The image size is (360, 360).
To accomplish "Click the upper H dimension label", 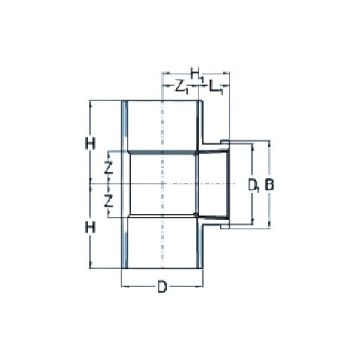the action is (90, 144).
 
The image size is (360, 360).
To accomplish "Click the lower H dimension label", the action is (90, 227).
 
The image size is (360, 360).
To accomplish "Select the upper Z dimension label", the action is (109, 168).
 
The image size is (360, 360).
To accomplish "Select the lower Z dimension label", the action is (109, 202).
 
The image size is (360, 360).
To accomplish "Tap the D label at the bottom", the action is (162, 286).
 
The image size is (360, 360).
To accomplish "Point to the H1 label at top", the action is (197, 73).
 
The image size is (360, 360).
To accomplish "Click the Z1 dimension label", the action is (181, 86).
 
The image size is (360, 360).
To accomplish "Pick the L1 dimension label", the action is (216, 86).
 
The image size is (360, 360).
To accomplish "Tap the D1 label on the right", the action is (253, 185).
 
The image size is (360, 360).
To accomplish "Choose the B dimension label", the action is (269, 184).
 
